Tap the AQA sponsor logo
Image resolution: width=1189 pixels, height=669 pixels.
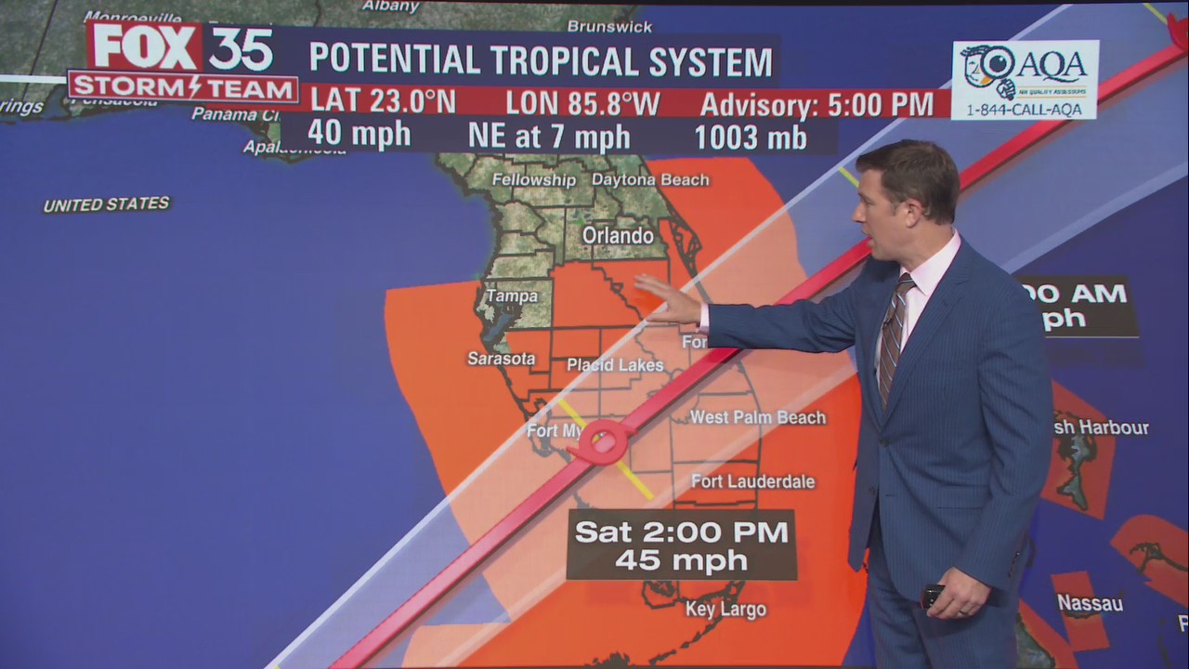click(1025, 80)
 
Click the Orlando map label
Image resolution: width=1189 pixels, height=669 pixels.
click(618, 236)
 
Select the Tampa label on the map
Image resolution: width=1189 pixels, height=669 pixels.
click(512, 296)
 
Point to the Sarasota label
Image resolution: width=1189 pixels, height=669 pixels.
click(502, 359)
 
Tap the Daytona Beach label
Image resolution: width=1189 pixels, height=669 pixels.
click(650, 180)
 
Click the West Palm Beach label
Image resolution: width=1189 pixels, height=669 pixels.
click(757, 418)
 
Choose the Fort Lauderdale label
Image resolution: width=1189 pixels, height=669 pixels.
click(752, 481)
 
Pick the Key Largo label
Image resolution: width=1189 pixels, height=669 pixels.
click(725, 610)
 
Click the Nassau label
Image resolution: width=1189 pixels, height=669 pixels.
click(1090, 604)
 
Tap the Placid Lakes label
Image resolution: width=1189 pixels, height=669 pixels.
click(615, 365)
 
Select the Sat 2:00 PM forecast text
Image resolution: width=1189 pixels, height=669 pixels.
click(681, 532)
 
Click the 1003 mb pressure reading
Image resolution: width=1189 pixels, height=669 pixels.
click(751, 137)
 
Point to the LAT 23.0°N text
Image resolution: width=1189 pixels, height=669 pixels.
click(382, 102)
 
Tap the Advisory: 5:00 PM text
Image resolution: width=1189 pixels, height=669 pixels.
click(817, 104)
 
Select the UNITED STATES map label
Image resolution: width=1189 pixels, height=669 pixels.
click(107, 204)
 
